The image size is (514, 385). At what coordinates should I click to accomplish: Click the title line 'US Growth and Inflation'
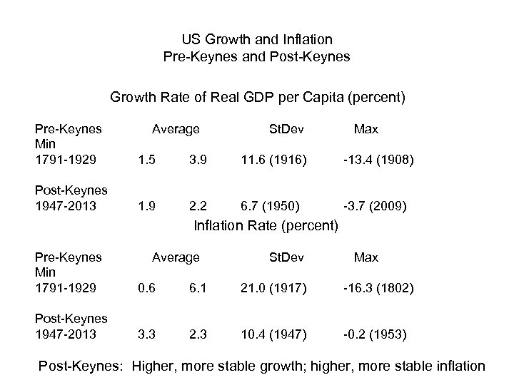(257, 38)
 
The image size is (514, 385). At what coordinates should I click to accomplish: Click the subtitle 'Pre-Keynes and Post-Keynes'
(257, 56)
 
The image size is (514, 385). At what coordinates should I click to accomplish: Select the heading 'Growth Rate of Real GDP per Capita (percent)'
(257, 98)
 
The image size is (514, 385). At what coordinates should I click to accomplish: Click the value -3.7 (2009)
(376, 207)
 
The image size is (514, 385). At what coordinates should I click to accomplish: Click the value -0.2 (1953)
(376, 334)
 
